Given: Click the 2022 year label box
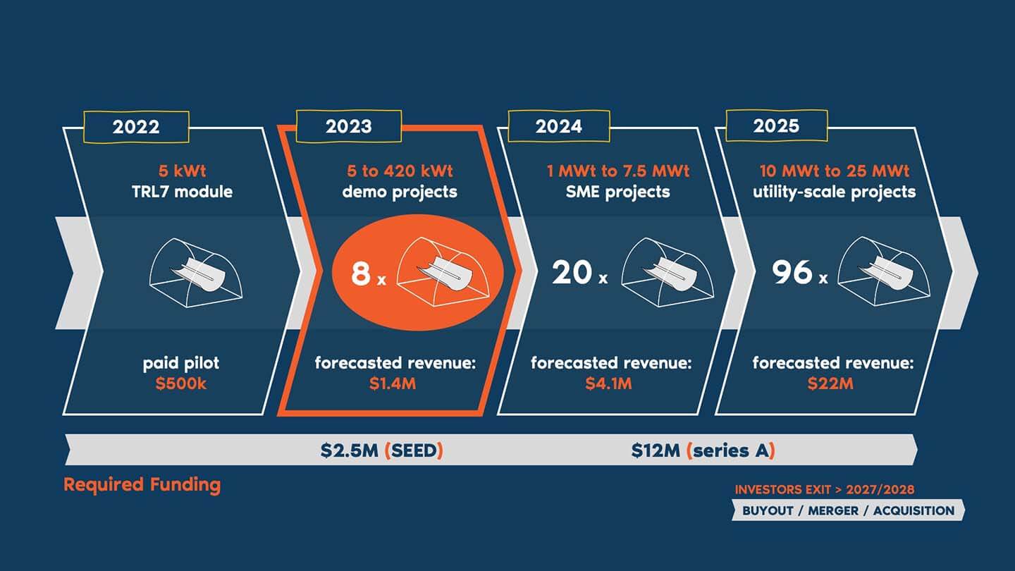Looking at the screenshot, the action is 136,127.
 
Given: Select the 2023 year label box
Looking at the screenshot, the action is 348,126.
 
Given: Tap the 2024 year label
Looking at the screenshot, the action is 559,126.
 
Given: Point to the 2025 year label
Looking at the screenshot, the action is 777,125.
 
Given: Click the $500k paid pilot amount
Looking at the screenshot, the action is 180,383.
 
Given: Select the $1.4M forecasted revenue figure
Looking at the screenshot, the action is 393,383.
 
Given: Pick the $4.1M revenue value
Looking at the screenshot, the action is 608,383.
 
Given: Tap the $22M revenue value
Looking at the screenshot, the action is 830,383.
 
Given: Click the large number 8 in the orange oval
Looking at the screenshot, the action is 361,273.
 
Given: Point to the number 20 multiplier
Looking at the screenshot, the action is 572,272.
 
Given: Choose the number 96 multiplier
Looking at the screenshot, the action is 792,272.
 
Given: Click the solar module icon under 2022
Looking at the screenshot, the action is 196,273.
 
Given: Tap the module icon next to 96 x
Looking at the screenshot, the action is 884,271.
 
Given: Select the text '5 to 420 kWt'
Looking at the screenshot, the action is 400,171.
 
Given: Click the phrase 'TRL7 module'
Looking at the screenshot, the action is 182,192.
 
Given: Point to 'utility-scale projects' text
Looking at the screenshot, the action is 835,192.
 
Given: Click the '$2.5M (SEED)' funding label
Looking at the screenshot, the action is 381,450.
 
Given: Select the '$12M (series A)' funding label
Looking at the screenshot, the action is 703,450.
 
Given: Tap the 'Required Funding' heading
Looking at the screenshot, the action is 142,485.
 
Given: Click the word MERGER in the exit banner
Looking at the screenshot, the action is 833,510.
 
